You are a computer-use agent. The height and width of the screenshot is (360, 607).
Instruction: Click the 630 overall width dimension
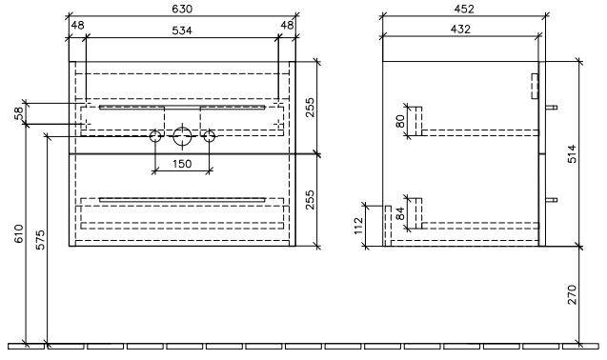[182, 9]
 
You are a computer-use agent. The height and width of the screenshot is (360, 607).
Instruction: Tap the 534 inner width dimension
[182, 30]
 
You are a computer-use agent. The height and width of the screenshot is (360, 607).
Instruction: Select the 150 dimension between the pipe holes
[182, 164]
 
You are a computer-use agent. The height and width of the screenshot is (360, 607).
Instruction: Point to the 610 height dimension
[19, 233]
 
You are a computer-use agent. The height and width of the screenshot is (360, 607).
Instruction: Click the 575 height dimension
[40, 240]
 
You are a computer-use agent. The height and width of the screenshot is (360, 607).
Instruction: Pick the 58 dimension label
[19, 113]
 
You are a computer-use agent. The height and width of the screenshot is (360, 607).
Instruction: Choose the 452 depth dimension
[464, 9]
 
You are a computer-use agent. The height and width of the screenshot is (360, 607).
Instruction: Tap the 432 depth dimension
[460, 29]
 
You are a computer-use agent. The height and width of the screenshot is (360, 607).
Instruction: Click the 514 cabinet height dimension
[572, 153]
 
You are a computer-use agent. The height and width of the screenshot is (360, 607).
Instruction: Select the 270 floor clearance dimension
[572, 294]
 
